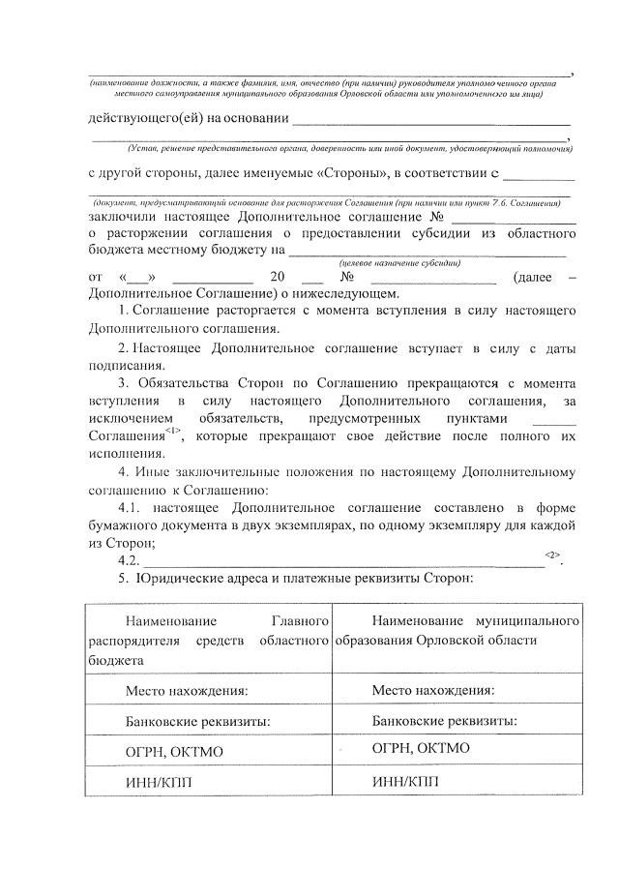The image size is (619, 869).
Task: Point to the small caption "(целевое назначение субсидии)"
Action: click(x=399, y=263)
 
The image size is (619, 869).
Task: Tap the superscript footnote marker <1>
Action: click(x=172, y=430)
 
